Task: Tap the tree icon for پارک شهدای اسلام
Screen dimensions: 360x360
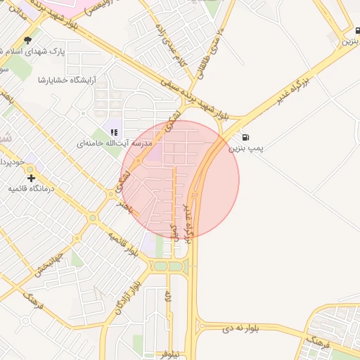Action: point(27,40)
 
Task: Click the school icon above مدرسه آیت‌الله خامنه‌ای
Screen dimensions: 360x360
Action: point(114,131)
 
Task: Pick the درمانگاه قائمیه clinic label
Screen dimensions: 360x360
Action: point(31,189)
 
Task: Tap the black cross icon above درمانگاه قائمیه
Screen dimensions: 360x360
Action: point(30,178)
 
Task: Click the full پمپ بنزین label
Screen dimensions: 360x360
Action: point(245,148)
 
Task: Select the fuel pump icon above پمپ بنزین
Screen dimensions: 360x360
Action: point(245,136)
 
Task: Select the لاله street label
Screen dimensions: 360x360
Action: point(168,299)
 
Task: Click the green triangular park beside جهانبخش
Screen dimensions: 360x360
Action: point(76,259)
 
